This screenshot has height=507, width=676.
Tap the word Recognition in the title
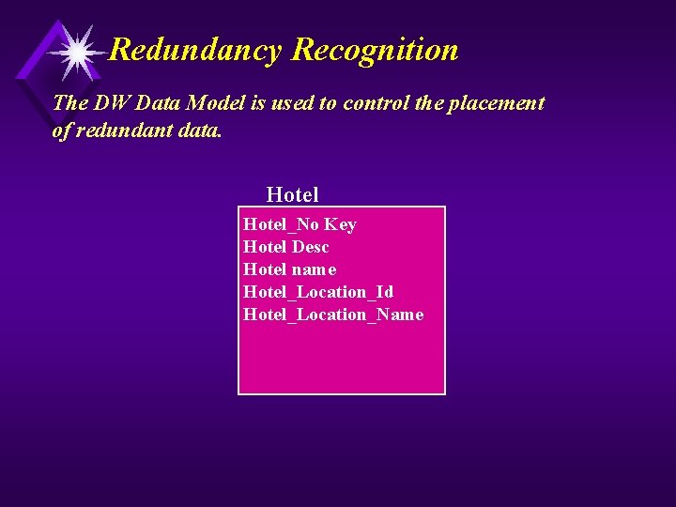(x=375, y=50)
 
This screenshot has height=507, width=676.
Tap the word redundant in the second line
(x=120, y=131)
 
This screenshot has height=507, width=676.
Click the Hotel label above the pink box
(x=292, y=194)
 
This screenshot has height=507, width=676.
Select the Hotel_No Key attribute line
(x=300, y=224)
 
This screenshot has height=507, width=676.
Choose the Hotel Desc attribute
(x=285, y=247)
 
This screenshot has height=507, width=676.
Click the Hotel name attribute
(x=289, y=269)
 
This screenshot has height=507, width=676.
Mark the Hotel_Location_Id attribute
(x=318, y=292)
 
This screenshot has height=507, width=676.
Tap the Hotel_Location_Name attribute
(x=333, y=315)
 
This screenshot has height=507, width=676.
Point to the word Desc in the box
(x=310, y=247)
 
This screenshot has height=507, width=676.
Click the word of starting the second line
(x=61, y=131)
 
